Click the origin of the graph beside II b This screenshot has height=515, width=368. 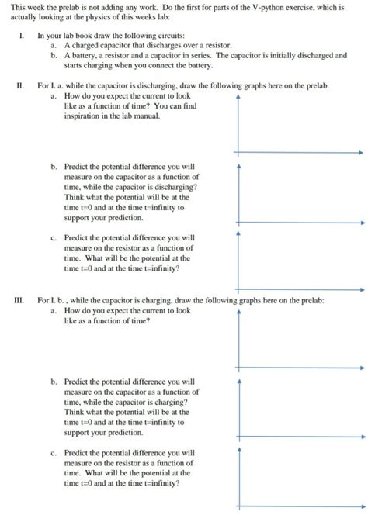point(238,223)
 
